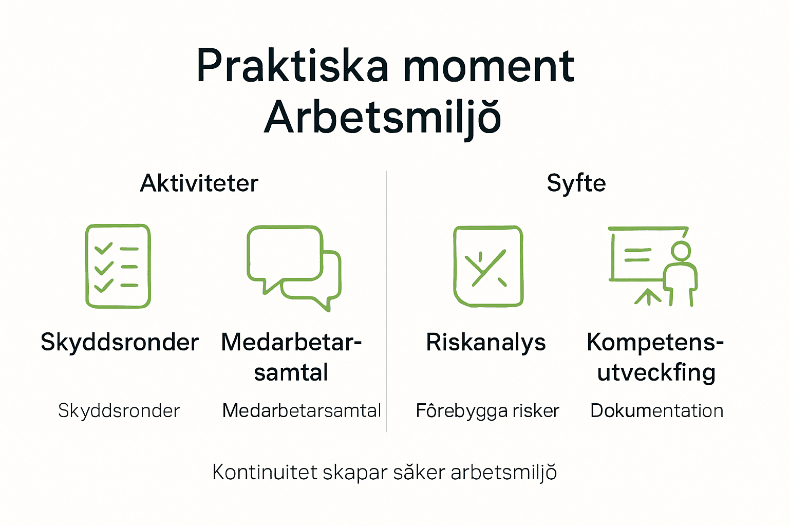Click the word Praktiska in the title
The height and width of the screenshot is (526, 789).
pos(292,67)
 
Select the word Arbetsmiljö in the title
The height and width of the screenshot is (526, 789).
pos(383,118)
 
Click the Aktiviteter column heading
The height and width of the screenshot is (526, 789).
pos(199,183)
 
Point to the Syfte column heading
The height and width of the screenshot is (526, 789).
pos(576,183)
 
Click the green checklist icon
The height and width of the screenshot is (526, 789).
pos(118,266)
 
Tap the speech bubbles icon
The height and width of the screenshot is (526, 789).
pos(294,267)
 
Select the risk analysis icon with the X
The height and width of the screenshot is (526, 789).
pos(488,266)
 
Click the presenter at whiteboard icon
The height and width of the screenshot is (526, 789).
pos(652,266)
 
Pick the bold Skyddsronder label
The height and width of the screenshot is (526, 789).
pos(120,343)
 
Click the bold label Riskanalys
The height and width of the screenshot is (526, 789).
pos(486,343)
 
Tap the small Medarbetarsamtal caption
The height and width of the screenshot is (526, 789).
pos(302,411)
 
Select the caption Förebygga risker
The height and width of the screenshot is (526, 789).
pos(487,411)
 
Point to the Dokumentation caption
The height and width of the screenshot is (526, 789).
pos(657,411)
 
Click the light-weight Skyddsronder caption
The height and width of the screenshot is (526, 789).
pos(119,411)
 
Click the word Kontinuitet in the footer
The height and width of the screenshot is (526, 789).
pos(265,472)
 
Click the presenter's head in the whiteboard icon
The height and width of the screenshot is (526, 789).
pos(681,251)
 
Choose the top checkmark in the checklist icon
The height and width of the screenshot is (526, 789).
pos(104,249)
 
